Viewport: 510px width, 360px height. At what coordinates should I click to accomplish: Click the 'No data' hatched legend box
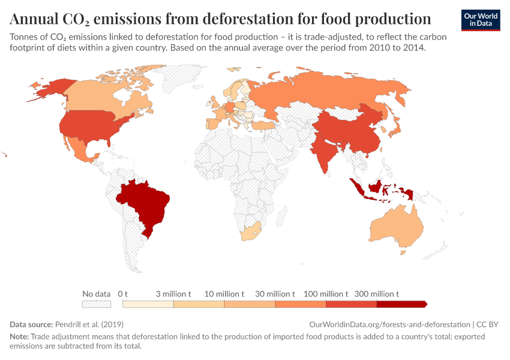97,304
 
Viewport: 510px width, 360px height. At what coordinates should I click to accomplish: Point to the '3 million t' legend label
173,294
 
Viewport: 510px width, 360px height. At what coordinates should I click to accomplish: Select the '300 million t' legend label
376,294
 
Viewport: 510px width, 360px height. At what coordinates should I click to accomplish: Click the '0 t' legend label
123,294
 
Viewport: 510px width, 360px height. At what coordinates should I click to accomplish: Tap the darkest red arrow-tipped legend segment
402,304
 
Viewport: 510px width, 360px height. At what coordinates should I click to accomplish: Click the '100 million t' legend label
326,294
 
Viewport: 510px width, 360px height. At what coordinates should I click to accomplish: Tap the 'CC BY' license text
488,324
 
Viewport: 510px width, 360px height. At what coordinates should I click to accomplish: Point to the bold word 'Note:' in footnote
19,337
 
